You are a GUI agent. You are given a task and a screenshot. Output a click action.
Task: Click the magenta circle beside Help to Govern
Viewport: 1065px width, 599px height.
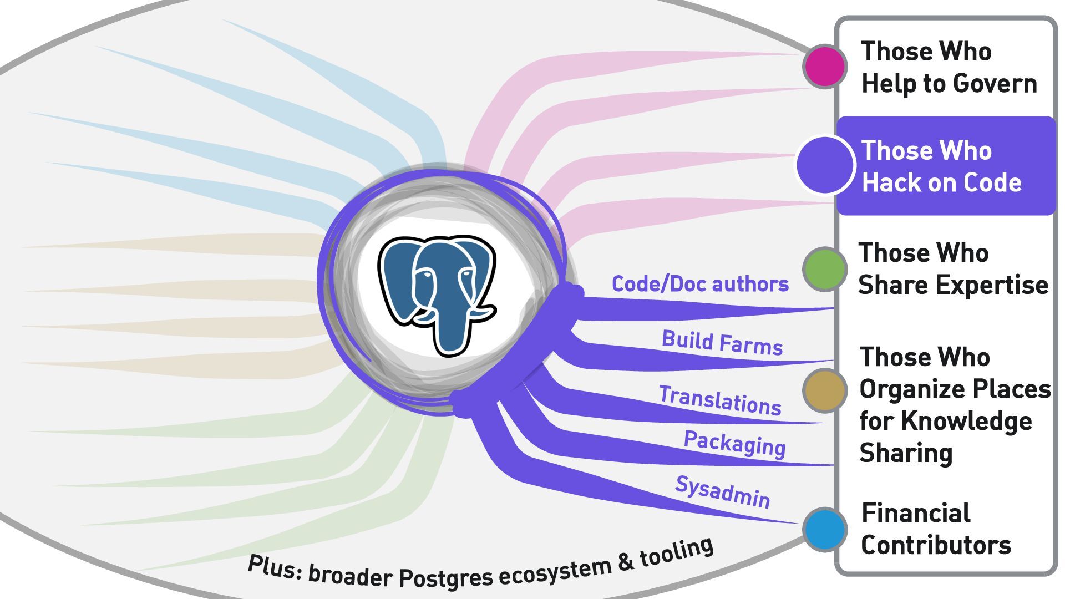tap(825, 67)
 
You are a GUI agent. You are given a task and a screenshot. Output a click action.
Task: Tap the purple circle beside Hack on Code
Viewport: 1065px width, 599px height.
tap(825, 165)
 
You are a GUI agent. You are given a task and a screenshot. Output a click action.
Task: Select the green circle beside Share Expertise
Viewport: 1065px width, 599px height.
tap(825, 269)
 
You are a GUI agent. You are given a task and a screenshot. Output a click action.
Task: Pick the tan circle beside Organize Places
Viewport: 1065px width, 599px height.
tap(825, 390)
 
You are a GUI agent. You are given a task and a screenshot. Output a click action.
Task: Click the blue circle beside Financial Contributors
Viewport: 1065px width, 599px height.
tap(825, 530)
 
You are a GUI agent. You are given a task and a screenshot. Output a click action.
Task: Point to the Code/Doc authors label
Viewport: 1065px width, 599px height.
tap(699, 284)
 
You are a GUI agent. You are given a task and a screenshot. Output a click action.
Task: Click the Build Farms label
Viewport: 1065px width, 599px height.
tap(722, 343)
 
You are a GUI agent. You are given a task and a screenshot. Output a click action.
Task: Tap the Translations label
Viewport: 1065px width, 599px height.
tap(720, 400)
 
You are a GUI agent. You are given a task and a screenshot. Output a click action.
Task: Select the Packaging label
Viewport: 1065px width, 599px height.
tap(734, 443)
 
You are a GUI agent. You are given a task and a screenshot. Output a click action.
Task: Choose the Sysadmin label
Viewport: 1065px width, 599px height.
tap(723, 491)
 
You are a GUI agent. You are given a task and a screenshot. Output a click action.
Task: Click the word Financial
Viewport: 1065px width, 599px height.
tap(916, 513)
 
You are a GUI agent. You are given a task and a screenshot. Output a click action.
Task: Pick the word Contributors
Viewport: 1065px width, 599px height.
tap(936, 545)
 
